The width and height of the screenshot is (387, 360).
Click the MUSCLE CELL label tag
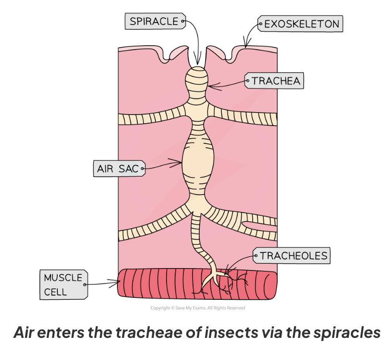pyautogui.click(x=63, y=284)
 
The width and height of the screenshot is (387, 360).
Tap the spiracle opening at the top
pyautogui.click(x=198, y=60)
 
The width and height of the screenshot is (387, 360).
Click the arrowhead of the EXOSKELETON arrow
pyautogui.click(x=247, y=46)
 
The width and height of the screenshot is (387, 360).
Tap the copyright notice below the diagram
pyautogui.click(x=197, y=308)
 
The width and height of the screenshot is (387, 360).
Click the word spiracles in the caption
pyautogui.click(x=340, y=332)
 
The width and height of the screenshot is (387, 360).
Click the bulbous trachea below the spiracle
pyautogui.click(x=198, y=79)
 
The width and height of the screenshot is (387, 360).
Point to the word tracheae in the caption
pyautogui.click(x=156, y=332)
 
